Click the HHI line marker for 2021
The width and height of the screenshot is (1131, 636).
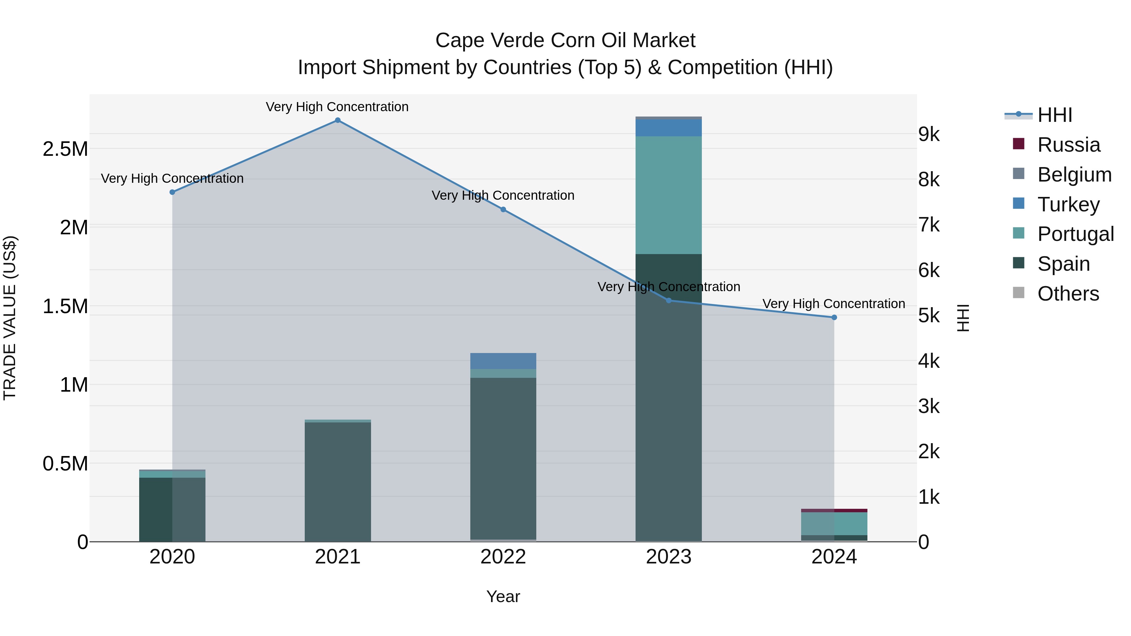tap(338, 120)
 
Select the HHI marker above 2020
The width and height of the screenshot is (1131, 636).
tap(172, 192)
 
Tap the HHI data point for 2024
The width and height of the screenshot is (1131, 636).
tap(834, 317)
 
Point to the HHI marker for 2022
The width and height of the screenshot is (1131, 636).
tap(503, 210)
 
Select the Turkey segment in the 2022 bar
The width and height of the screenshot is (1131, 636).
tap(503, 361)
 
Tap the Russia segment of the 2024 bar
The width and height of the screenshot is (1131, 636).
tap(834, 510)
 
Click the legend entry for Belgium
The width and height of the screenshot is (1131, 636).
tap(1074, 175)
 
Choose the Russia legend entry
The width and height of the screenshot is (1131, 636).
tap(1068, 145)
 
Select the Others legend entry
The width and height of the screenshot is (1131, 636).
tap(1068, 294)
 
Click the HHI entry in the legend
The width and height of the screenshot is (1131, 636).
tap(1055, 115)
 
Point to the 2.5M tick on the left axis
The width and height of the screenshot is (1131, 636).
tap(65, 149)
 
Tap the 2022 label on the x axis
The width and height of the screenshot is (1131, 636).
tap(503, 557)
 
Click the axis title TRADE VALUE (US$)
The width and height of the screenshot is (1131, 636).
tap(10, 318)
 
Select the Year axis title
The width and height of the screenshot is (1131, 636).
tap(503, 596)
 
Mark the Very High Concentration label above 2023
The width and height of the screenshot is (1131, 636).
tap(668, 287)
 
